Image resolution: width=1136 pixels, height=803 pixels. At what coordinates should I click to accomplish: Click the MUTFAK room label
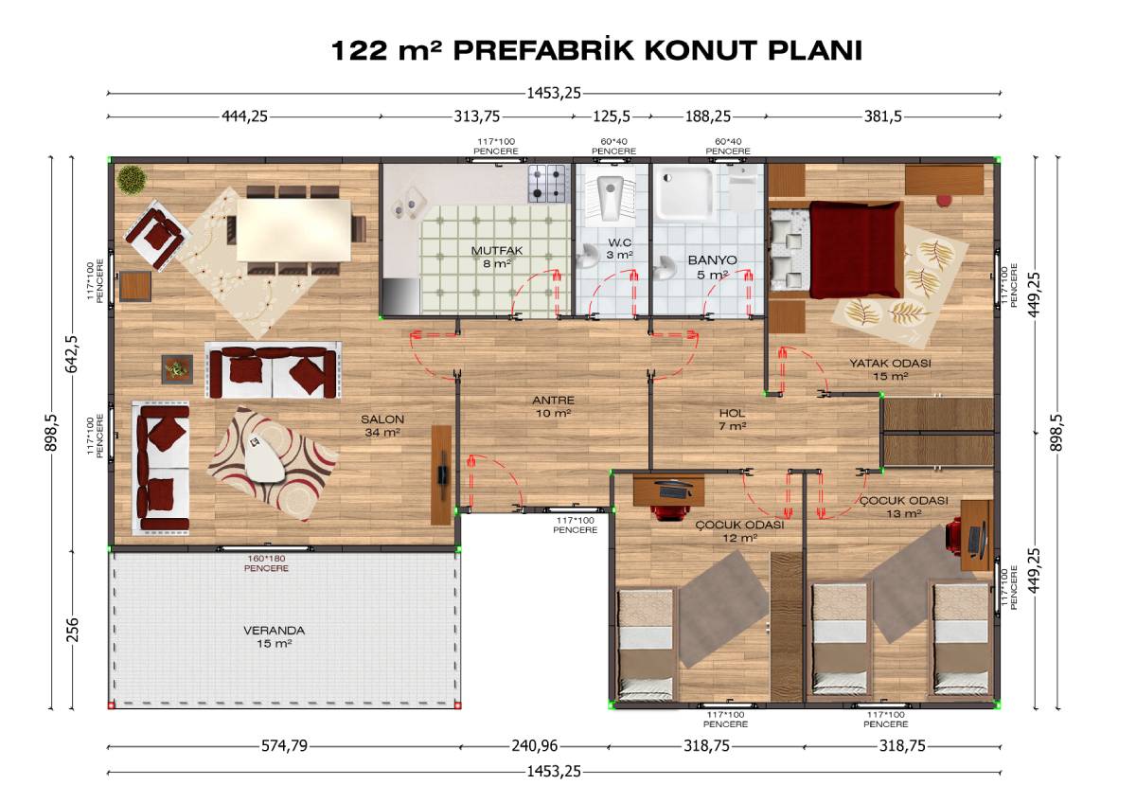click(x=496, y=251)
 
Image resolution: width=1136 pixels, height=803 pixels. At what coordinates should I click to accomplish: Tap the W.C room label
click(x=620, y=242)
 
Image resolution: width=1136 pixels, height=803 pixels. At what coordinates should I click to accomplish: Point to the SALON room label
click(x=382, y=419)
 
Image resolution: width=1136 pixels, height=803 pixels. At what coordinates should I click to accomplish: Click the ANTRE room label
click(x=553, y=401)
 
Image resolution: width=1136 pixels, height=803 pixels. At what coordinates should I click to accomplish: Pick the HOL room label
click(x=732, y=414)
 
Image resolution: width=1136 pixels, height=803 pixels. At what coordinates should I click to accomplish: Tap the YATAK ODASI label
click(x=891, y=364)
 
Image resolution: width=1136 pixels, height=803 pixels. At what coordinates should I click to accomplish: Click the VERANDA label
click(x=274, y=631)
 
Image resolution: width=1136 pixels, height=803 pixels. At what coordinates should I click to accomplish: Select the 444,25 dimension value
click(x=244, y=116)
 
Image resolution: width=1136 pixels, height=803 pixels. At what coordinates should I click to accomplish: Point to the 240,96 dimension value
click(x=534, y=745)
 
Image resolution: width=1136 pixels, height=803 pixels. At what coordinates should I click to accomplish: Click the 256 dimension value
click(x=73, y=630)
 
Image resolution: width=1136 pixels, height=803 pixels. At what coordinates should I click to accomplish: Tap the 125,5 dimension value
click(x=612, y=116)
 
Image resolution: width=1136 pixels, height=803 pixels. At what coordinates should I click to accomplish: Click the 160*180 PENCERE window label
click(x=266, y=563)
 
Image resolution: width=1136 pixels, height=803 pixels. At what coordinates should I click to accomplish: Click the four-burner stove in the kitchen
click(x=548, y=183)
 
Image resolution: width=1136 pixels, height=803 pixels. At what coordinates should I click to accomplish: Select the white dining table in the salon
click(x=294, y=230)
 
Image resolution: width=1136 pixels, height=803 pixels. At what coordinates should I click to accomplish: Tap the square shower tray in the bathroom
click(x=689, y=193)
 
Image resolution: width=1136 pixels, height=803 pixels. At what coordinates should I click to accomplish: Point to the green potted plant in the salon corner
click(x=132, y=180)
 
